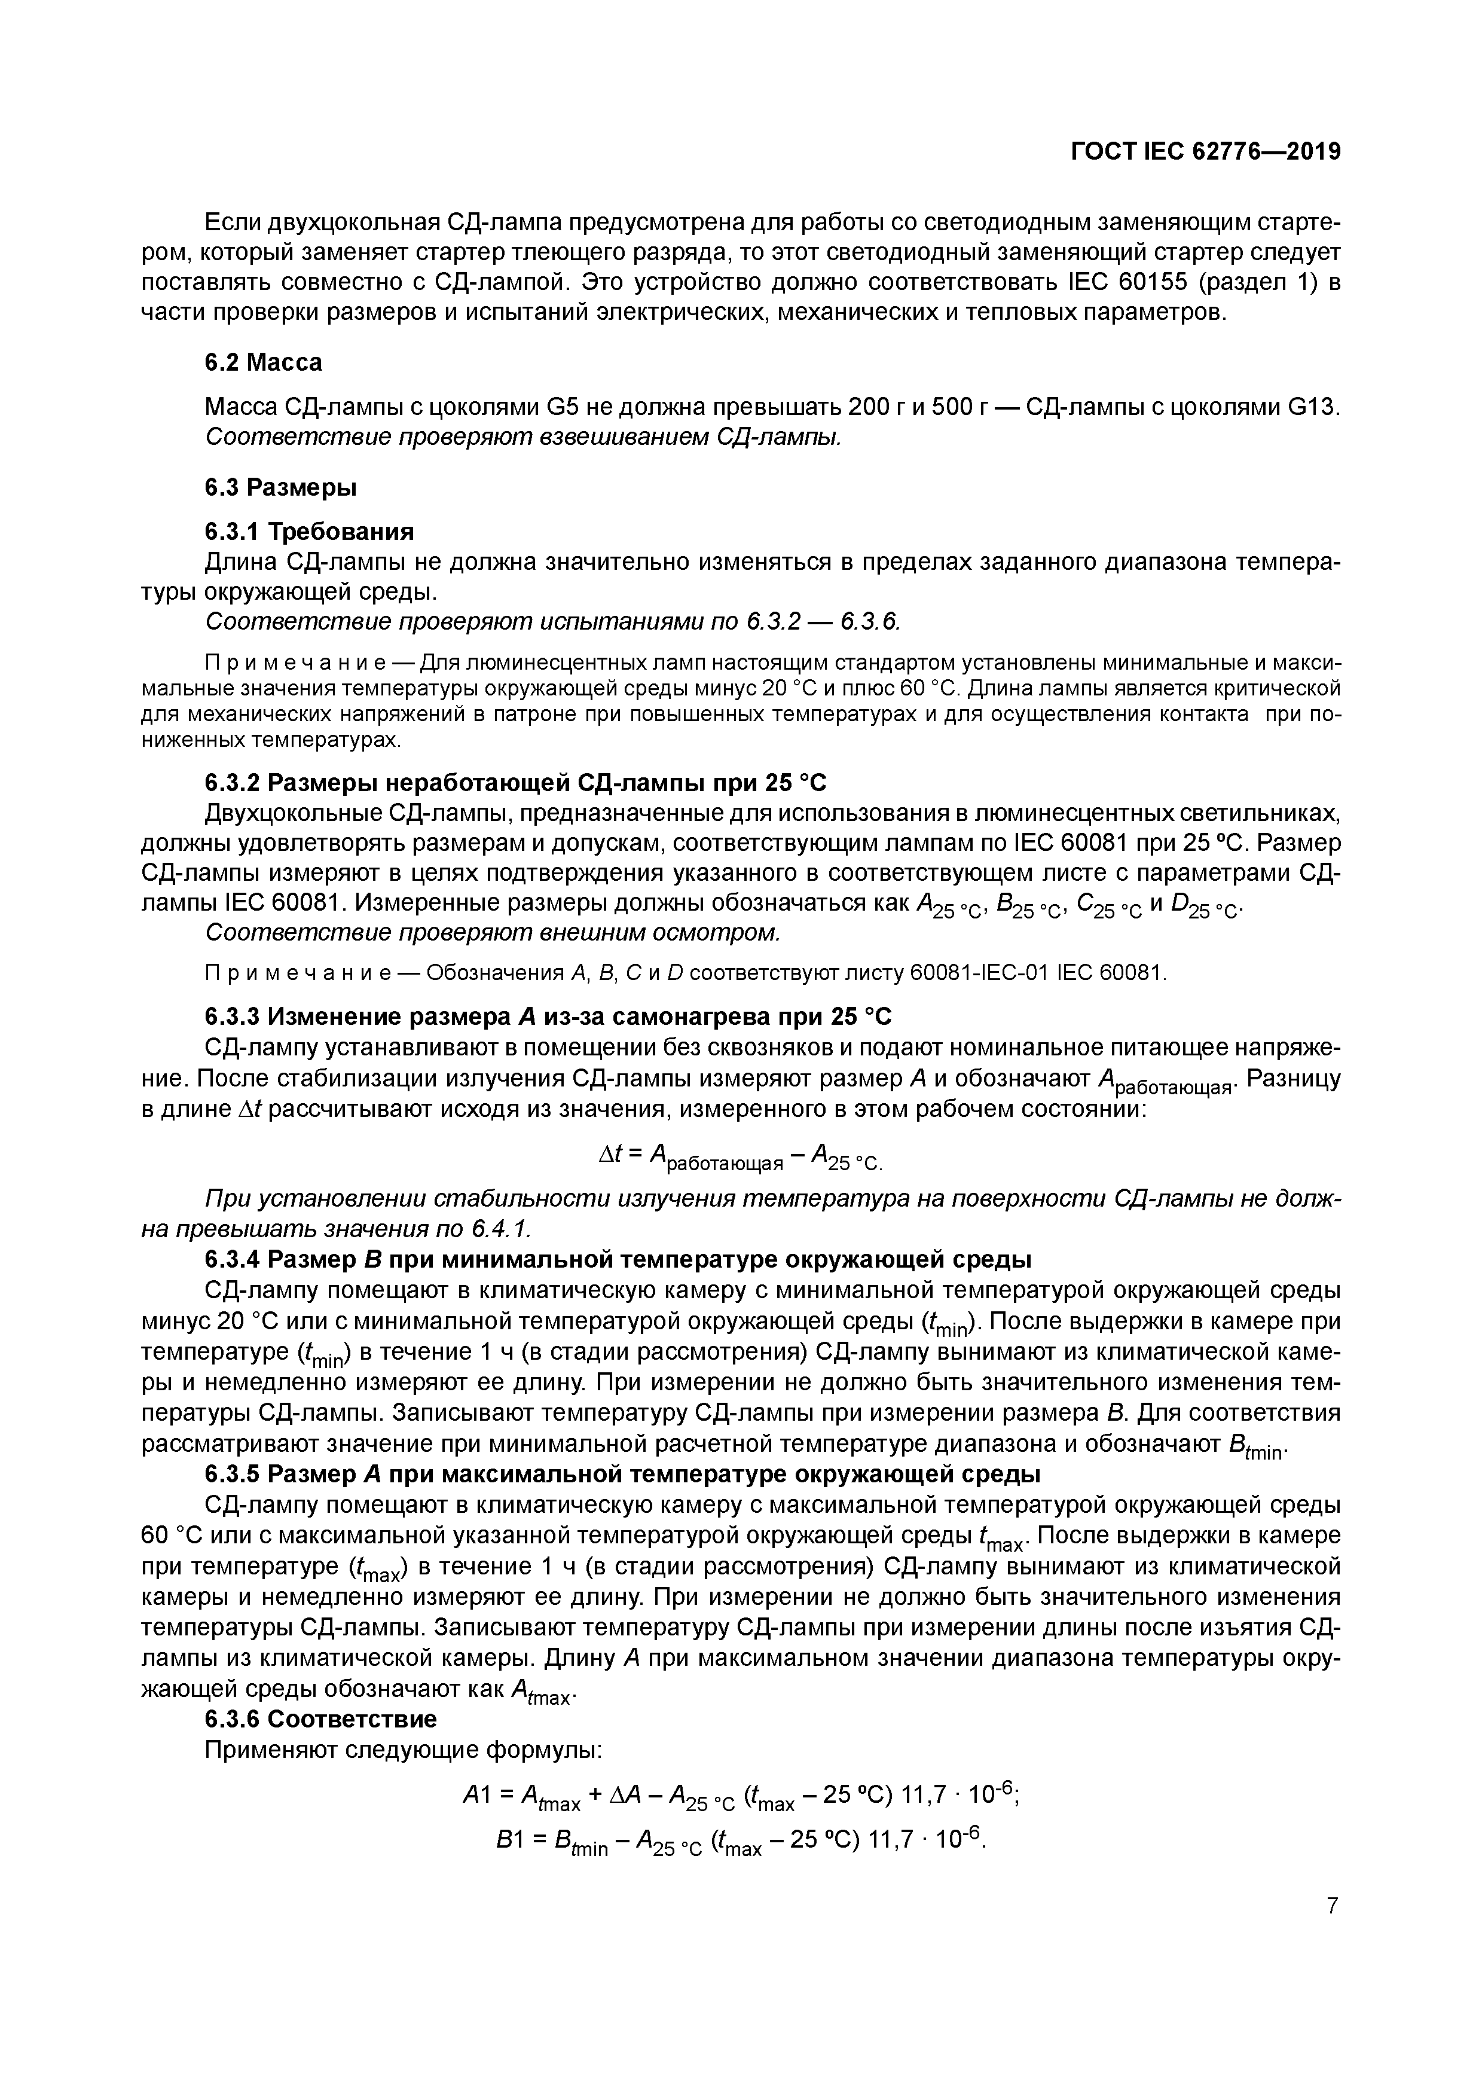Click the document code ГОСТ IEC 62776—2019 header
pos(1205,152)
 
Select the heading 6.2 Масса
pos(263,362)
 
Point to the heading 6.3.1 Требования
pos(308,532)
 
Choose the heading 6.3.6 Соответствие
pos(320,1719)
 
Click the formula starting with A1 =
pos(741,1796)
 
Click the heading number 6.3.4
pos(233,1259)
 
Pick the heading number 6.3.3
pos(233,1016)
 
